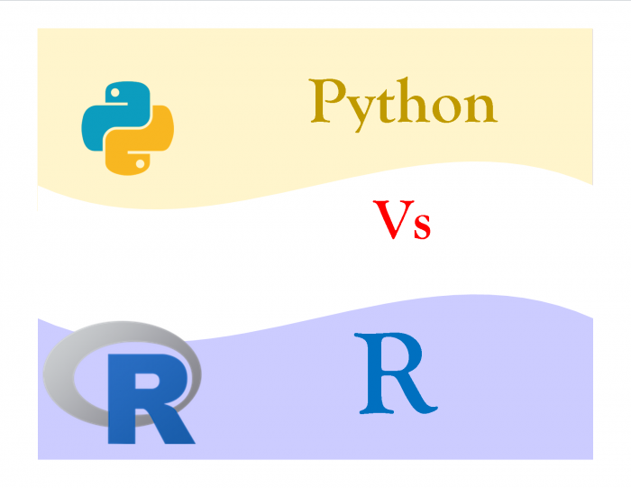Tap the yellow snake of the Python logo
tap(159, 133)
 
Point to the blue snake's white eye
tap(114, 93)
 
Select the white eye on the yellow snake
tap(141, 163)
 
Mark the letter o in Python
tap(449, 107)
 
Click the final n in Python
tap(481, 106)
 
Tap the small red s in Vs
tap(423, 226)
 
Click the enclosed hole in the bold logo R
tap(147, 381)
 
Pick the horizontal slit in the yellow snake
tap(139, 152)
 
